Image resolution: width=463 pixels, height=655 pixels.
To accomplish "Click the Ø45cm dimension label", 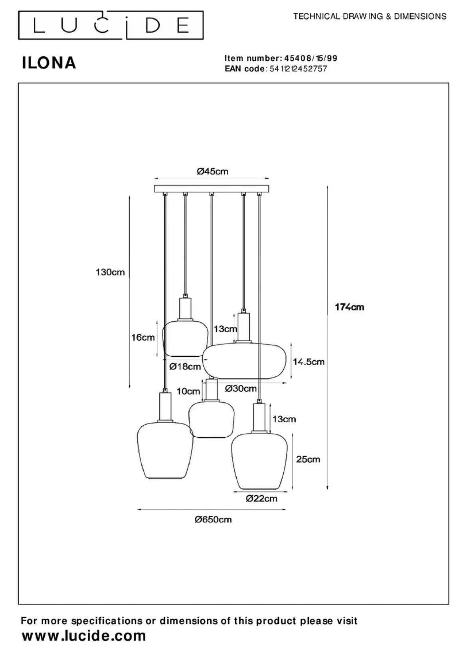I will [x=212, y=171].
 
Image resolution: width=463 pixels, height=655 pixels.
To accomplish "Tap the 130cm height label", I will [x=110, y=273].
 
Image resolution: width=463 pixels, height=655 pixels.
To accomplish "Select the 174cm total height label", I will [x=350, y=307].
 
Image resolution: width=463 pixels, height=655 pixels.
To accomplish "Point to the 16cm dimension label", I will [x=143, y=338].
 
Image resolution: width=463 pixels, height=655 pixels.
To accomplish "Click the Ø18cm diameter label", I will [x=185, y=366].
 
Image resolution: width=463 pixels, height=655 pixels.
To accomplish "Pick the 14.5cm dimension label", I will [x=309, y=362].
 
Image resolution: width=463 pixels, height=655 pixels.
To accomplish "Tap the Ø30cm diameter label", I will [x=240, y=388].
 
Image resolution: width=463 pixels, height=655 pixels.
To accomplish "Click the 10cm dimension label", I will [x=188, y=391].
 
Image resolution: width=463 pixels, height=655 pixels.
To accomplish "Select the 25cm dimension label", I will [x=308, y=459].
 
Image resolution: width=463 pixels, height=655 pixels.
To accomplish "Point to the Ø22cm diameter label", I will [x=261, y=498].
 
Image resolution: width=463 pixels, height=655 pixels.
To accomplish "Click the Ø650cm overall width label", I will [x=213, y=520].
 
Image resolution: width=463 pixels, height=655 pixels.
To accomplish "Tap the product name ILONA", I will [x=49, y=63].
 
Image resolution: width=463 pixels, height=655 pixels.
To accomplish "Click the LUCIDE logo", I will [x=111, y=26].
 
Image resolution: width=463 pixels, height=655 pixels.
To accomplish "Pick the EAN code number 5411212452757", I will [x=298, y=69].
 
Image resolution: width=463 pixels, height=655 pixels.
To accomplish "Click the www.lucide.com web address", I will [x=84, y=635].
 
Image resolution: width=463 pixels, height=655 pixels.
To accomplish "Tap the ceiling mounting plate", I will [x=212, y=188].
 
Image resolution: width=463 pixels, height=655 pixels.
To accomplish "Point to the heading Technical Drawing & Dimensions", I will [x=370, y=16].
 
